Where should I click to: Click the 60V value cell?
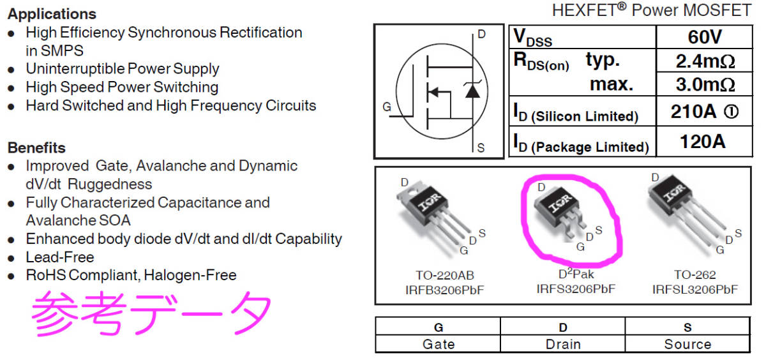pyautogui.click(x=704, y=37)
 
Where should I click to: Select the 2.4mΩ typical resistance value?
pyautogui.click(x=704, y=61)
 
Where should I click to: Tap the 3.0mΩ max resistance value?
pyautogui.click(x=704, y=84)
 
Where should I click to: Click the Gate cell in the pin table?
pyautogui.click(x=439, y=344)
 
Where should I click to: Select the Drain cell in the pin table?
pyautogui.click(x=563, y=344)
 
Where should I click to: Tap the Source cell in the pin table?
pyautogui.click(x=687, y=344)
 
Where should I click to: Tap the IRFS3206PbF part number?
pyautogui.click(x=575, y=289)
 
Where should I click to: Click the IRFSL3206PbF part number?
pyautogui.click(x=695, y=289)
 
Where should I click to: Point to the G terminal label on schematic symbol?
pyautogui.click(x=387, y=108)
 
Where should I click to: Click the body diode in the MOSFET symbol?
pyautogui.click(x=472, y=91)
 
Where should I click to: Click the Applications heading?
pyautogui.click(x=52, y=13)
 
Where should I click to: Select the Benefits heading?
pyautogui.click(x=36, y=147)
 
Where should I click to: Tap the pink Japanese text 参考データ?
pyautogui.click(x=152, y=313)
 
